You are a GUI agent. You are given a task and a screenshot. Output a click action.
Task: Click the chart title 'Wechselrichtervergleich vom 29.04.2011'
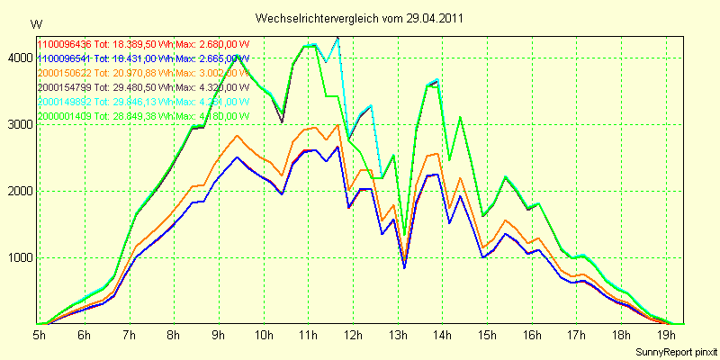coord(360,18)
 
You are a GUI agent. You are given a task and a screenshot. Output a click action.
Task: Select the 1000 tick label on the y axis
coord(18,258)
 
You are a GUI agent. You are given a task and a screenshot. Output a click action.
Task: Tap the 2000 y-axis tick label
coord(18,192)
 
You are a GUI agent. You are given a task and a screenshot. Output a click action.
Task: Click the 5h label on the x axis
coord(40,335)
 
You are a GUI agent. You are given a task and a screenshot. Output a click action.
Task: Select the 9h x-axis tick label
coord(218,335)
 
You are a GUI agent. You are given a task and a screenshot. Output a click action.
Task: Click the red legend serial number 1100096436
coord(64,43)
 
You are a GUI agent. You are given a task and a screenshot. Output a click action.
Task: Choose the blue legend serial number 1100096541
coord(64,58)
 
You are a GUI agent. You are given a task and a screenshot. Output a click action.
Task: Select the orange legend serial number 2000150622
coord(64,72)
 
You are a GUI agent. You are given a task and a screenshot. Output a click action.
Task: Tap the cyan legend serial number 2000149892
coord(64,101)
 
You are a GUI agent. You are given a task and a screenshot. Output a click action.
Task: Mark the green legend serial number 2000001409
coord(64,115)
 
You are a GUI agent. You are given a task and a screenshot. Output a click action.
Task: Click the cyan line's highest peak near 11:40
coord(337,38)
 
